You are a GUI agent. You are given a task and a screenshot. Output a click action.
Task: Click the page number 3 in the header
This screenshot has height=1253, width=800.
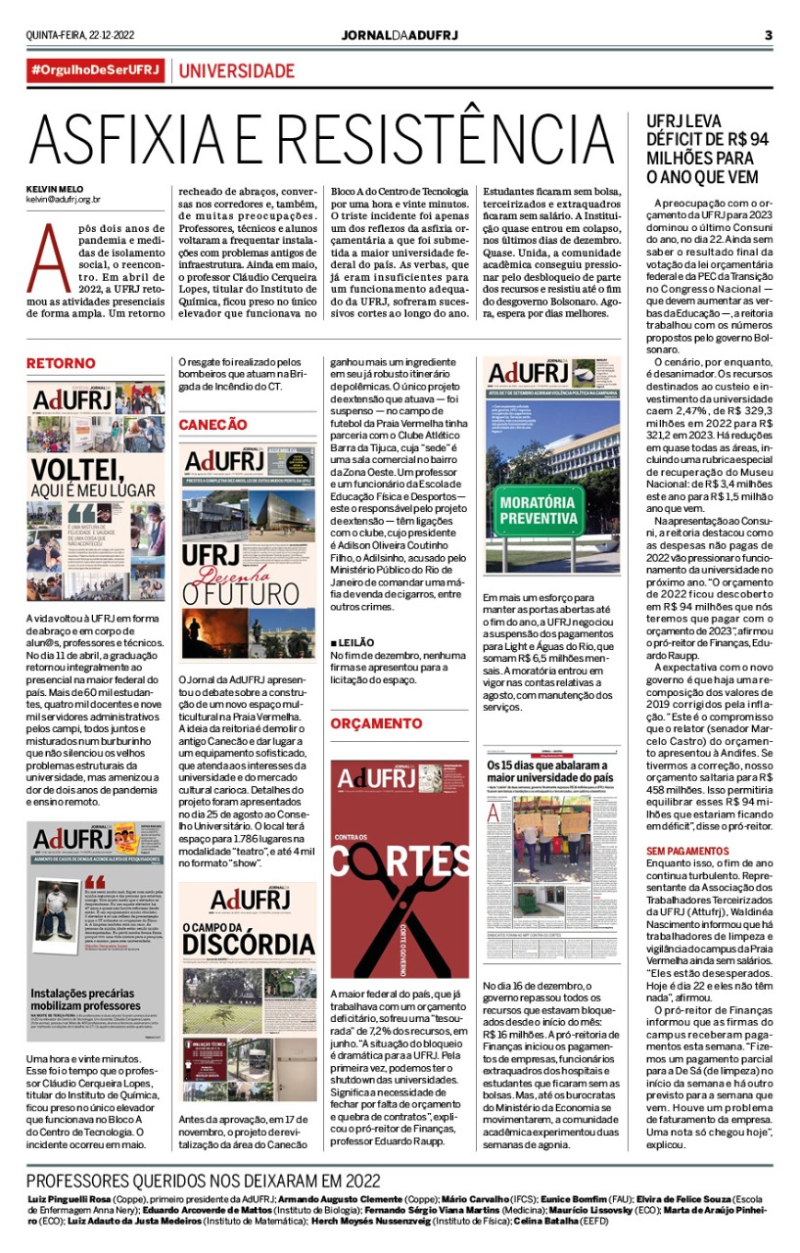click(769, 36)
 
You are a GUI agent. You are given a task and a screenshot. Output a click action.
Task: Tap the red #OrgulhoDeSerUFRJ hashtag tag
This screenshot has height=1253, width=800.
click(95, 71)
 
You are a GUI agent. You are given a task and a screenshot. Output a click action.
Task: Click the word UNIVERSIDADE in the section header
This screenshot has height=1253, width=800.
click(236, 71)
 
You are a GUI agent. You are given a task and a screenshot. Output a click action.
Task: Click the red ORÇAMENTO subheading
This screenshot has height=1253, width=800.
click(376, 723)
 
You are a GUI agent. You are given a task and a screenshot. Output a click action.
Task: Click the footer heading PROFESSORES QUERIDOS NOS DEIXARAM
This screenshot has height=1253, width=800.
click(203, 1181)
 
